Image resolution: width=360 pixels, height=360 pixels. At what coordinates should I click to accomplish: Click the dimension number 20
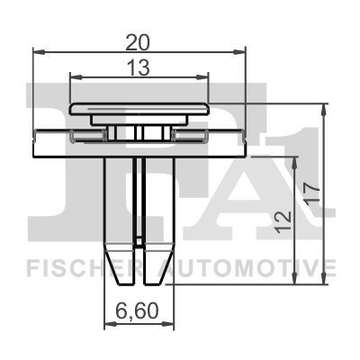point(137,43)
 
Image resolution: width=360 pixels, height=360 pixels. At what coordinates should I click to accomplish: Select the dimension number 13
point(139,67)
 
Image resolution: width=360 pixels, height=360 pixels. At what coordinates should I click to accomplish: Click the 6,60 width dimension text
point(137,311)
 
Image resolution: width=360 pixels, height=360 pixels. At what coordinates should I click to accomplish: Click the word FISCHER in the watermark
point(85,267)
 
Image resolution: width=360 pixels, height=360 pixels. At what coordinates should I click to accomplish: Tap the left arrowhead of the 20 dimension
point(39,52)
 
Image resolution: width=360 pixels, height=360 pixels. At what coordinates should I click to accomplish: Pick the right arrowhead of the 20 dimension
point(239,52)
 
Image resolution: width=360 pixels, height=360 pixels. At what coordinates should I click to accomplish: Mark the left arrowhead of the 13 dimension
point(76,77)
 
